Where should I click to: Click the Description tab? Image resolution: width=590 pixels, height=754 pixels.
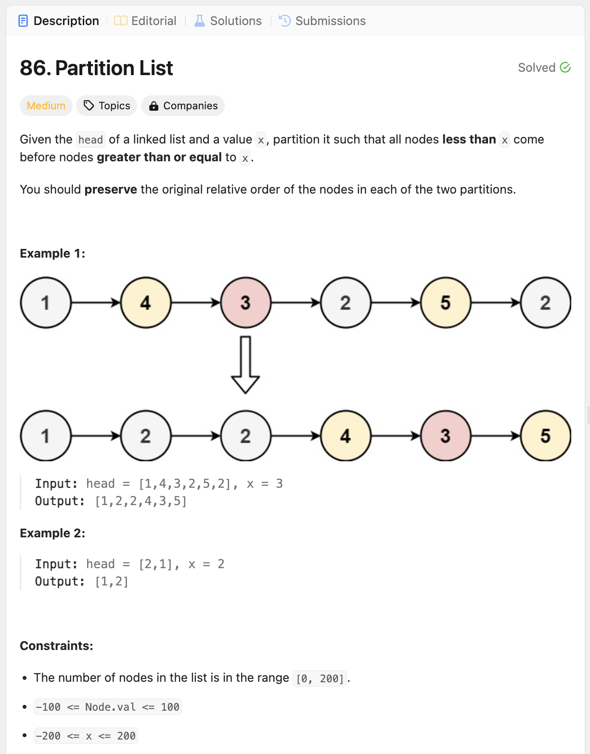click(59, 21)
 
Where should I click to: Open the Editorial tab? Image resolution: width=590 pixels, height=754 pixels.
click(145, 21)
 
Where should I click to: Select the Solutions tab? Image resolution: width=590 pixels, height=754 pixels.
click(228, 21)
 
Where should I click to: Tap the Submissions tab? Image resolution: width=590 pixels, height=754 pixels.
click(322, 21)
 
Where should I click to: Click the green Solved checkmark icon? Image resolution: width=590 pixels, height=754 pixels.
click(565, 67)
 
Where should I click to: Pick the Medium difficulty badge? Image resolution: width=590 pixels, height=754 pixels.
click(46, 106)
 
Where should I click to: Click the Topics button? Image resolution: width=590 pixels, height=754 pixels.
click(107, 106)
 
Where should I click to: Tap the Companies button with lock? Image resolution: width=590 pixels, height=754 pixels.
click(183, 106)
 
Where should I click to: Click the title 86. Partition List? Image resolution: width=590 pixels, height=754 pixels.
click(96, 68)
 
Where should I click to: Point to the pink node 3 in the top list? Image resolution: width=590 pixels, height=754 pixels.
click(245, 303)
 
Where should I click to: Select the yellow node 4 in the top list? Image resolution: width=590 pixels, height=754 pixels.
click(146, 303)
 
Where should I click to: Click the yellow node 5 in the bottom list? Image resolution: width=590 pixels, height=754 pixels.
click(545, 436)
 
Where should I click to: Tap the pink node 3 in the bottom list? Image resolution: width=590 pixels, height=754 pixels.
click(445, 436)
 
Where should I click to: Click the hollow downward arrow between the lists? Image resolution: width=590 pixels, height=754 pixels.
click(245, 364)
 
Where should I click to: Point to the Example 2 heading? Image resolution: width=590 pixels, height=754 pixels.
click(52, 533)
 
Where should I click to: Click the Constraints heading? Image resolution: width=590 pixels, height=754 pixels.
click(56, 646)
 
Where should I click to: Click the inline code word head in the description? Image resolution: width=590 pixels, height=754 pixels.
click(90, 140)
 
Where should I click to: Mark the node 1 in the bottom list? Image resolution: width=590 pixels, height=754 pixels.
click(46, 436)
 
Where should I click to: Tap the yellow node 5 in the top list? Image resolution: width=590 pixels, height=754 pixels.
click(445, 303)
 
